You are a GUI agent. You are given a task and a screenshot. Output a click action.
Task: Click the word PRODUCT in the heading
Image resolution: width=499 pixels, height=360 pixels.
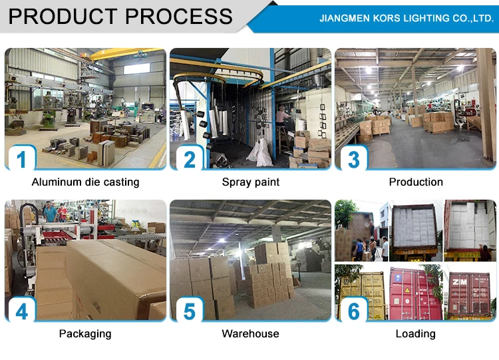(63, 16)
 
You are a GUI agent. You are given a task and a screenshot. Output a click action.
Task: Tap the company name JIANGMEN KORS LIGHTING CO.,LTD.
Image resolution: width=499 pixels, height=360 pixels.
(406, 19)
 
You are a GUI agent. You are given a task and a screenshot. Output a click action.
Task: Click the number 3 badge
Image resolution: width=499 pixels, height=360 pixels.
(354, 160)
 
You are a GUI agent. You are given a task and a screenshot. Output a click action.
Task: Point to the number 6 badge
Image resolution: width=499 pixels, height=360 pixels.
(354, 311)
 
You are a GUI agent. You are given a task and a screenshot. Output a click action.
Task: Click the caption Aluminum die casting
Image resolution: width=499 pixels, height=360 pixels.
(85, 182)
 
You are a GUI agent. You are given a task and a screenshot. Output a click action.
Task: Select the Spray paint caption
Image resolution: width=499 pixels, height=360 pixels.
(250, 182)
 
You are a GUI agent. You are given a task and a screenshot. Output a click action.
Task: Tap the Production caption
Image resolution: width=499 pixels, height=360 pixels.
(416, 182)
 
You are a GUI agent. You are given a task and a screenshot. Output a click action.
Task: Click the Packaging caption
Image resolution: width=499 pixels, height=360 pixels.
(85, 333)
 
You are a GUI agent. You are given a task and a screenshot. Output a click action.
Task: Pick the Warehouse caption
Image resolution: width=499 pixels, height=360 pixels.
(250, 333)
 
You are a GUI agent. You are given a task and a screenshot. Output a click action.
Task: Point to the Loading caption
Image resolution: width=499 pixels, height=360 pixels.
(416, 333)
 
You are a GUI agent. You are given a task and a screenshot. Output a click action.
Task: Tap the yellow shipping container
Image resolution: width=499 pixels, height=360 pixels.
(363, 293)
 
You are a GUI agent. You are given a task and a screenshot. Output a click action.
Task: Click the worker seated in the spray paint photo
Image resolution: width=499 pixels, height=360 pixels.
(282, 120)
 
